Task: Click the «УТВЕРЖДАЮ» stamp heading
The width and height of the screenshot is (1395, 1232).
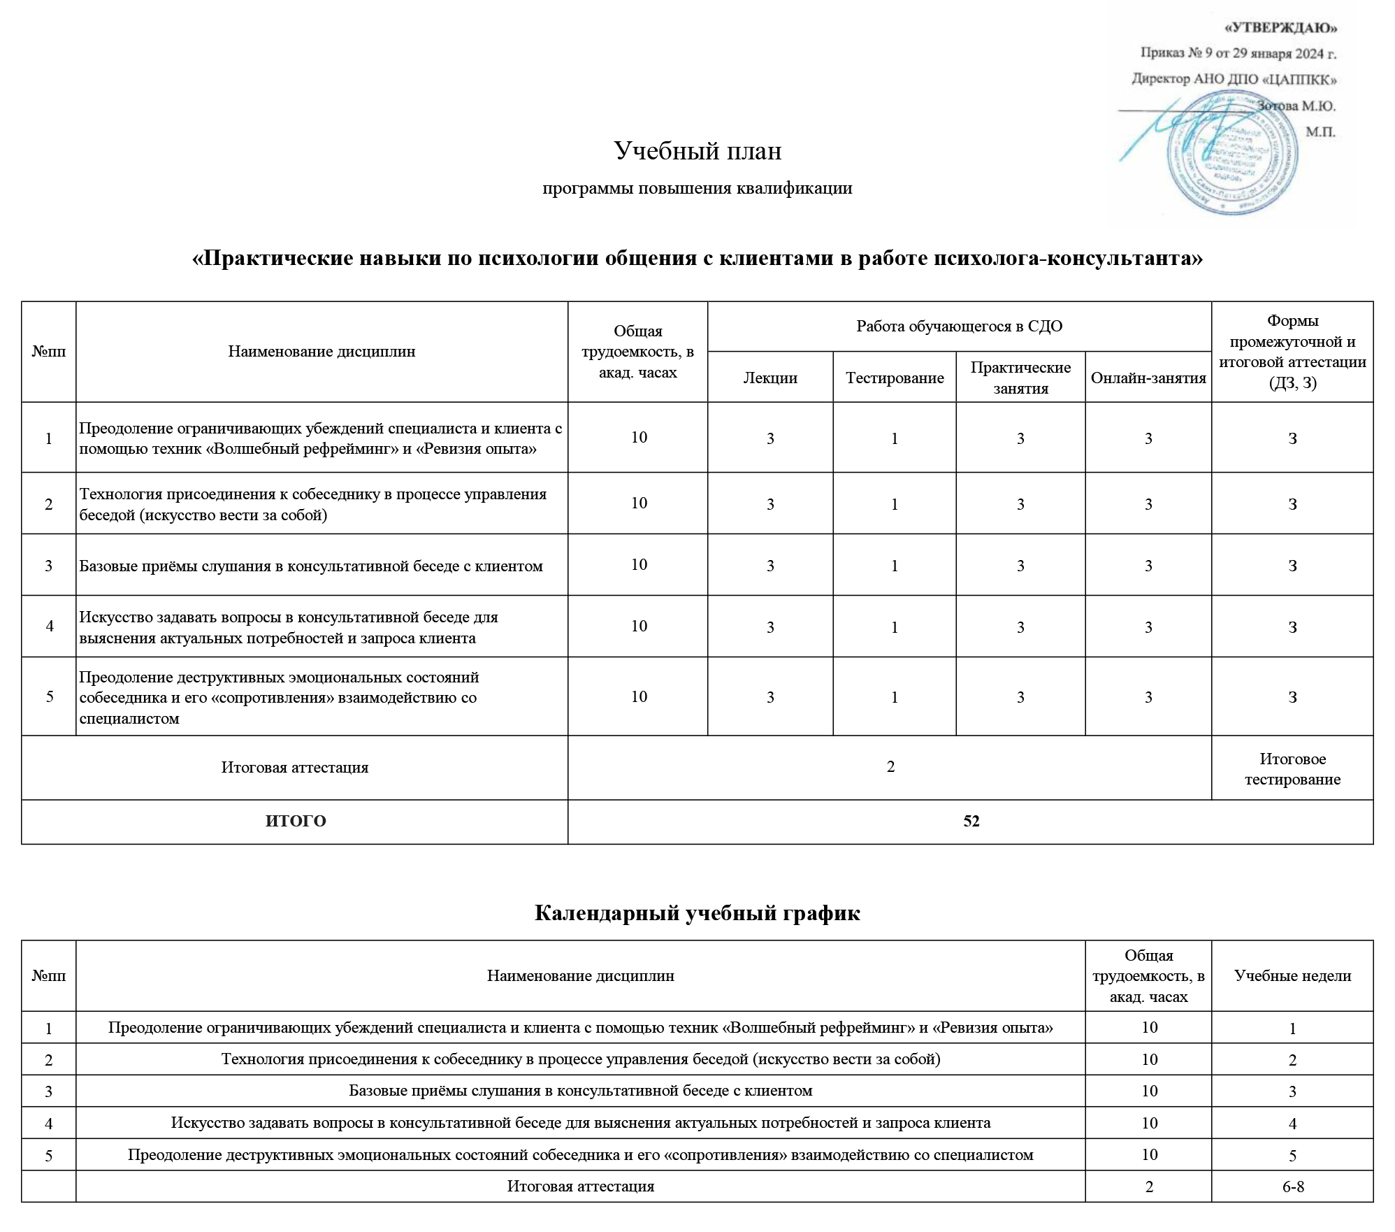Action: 1281,28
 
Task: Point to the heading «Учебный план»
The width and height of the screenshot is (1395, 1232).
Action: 697,151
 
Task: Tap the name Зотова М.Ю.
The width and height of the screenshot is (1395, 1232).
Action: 1296,106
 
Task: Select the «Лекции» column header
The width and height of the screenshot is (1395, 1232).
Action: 769,378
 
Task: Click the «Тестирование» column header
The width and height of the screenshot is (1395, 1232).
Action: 895,378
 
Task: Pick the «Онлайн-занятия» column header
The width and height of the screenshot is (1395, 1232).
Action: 1148,378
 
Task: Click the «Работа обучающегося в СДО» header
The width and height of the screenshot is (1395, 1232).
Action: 959,327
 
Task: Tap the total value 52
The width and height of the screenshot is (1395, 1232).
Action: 971,821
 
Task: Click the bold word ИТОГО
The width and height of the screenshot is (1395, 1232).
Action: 296,821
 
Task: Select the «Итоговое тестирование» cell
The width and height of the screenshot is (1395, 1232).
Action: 1292,768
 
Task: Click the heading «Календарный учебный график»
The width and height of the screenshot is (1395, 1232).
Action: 697,912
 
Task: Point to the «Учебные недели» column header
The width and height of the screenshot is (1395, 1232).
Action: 1292,975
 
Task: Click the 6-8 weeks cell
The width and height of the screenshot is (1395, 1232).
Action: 1293,1187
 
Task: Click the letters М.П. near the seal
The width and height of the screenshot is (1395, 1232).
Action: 1320,131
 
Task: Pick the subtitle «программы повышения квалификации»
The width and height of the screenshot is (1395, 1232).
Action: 697,188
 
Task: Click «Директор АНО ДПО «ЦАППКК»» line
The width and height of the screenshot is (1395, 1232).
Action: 1234,79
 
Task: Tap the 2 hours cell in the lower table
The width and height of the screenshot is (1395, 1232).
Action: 1149,1187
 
